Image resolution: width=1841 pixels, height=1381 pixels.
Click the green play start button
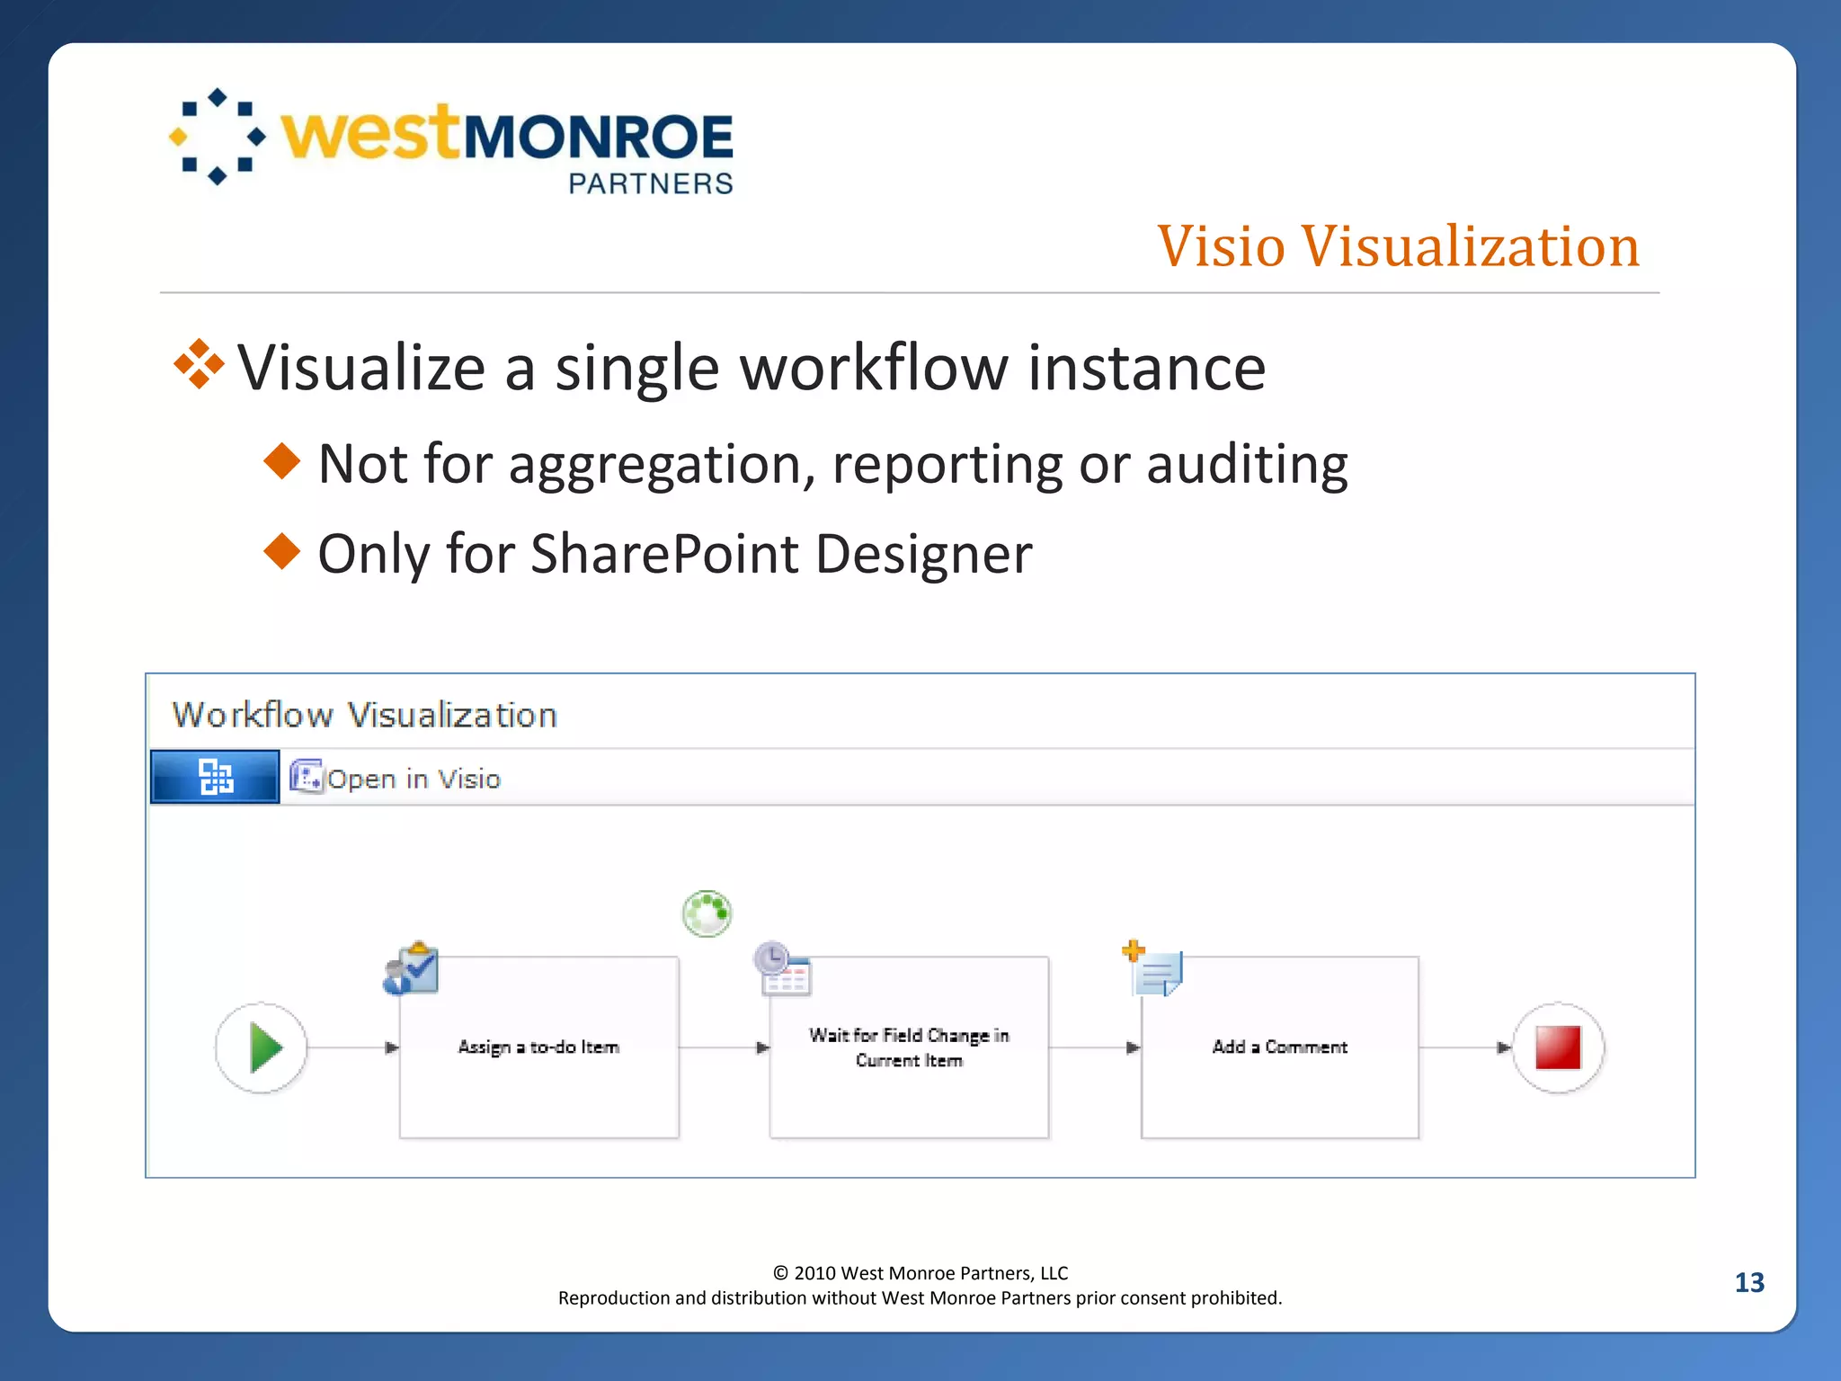[x=262, y=1047]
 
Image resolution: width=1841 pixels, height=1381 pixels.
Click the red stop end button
[x=1558, y=1047]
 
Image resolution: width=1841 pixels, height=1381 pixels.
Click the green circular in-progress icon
[x=707, y=913]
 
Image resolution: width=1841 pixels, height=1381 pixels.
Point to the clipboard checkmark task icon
[x=412, y=969]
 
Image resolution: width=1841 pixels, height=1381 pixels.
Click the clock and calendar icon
[x=782, y=969]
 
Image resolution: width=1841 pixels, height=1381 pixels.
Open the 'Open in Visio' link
[x=413, y=779]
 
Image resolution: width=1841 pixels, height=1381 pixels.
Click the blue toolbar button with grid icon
[x=215, y=777]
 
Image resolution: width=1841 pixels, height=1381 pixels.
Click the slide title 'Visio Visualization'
[x=1398, y=246]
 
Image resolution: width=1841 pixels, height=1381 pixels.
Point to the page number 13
[x=1749, y=1283]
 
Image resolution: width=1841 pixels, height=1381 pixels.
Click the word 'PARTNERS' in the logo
[x=651, y=184]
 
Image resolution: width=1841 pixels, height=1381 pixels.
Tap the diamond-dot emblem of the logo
[x=218, y=137]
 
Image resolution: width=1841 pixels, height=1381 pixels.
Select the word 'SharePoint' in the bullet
[x=664, y=554]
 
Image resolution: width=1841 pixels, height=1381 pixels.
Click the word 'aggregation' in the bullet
[x=654, y=465]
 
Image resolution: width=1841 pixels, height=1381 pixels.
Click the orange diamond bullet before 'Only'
[x=282, y=550]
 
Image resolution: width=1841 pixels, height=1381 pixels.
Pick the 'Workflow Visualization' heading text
[x=365, y=716]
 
